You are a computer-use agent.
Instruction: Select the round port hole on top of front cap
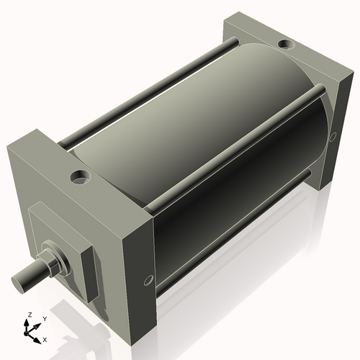[78, 175]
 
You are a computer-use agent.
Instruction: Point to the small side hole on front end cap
[149, 279]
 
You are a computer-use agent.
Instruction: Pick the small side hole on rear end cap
[333, 138]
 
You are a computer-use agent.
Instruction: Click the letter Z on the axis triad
[30, 315]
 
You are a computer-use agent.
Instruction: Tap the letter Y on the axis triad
[45, 318]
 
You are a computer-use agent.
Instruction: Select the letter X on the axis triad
[45, 338]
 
